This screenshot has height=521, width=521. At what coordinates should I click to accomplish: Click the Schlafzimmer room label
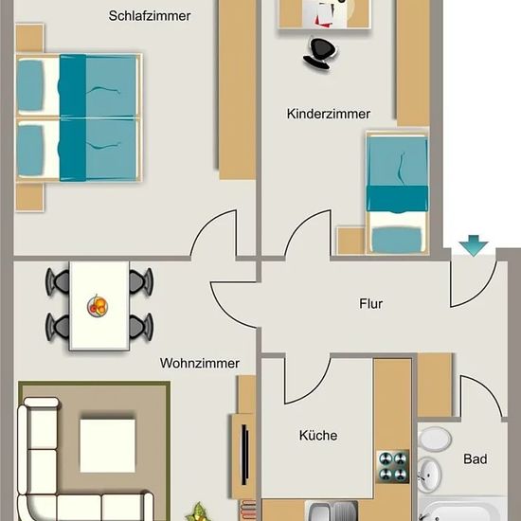tap(150, 16)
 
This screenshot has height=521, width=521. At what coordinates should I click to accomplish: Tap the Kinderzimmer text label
tap(329, 114)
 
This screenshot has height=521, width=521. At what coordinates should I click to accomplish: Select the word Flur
tap(370, 304)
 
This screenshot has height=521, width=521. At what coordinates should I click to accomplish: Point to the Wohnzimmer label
tap(199, 363)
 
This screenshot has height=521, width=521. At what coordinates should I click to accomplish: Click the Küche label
tap(318, 436)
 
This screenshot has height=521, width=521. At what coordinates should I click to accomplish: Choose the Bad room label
tap(476, 459)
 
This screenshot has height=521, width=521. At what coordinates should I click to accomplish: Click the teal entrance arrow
tap(474, 245)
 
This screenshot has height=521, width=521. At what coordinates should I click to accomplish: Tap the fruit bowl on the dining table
tap(98, 306)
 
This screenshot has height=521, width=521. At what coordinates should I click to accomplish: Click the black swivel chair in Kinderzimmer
tap(319, 53)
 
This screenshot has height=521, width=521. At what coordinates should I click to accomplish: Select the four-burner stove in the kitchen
tap(393, 467)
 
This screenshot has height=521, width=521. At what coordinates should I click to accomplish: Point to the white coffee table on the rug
tap(108, 445)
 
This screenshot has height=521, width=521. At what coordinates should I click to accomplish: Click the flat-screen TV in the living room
tap(245, 455)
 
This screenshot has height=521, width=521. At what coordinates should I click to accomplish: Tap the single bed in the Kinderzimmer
tap(397, 192)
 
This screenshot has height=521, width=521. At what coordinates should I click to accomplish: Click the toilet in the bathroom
tap(434, 439)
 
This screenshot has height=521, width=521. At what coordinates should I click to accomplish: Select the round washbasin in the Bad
tap(429, 475)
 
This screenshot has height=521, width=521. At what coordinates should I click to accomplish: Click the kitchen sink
tap(332, 511)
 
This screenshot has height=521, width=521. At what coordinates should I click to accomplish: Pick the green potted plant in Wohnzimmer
tap(198, 512)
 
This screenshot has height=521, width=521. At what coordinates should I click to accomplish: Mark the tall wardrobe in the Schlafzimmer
tap(237, 90)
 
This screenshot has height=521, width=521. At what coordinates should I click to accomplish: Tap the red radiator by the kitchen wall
tap(248, 511)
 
